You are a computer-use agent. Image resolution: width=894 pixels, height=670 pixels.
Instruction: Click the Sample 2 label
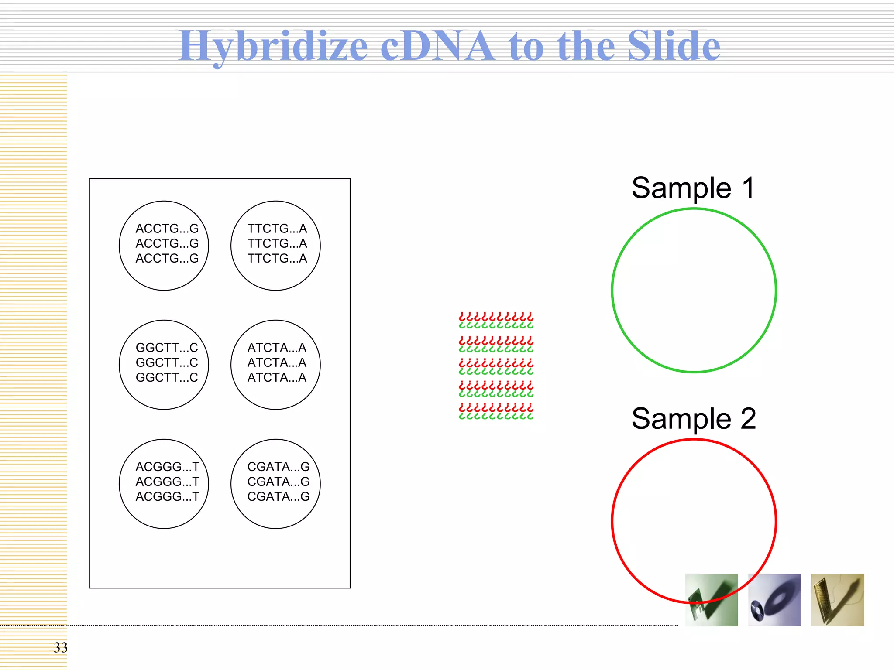(x=694, y=418)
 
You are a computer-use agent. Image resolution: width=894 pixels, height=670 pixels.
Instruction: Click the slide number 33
(x=61, y=647)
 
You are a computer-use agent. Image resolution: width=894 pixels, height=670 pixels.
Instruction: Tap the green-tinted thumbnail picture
(x=712, y=600)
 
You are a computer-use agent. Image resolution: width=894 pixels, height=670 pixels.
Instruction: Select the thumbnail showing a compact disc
(x=774, y=600)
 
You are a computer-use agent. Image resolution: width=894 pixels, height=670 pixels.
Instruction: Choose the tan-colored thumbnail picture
(x=837, y=600)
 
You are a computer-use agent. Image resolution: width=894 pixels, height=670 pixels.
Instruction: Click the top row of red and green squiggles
(x=496, y=320)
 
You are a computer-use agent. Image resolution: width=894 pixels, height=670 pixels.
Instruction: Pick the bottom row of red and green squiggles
(x=496, y=411)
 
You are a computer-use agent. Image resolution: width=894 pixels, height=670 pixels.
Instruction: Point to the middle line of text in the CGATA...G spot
(x=278, y=482)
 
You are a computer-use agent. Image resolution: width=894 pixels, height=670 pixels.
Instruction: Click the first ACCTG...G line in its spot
(x=167, y=229)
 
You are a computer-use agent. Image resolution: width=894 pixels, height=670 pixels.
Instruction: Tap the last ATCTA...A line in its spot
(x=277, y=377)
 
